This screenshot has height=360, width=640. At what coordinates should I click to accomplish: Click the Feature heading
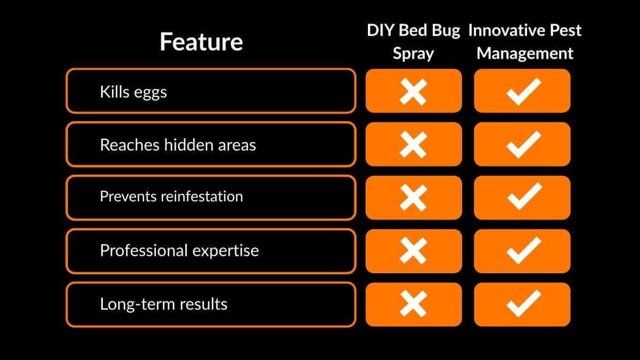click(201, 42)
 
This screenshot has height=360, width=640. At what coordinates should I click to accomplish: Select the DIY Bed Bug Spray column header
click(413, 42)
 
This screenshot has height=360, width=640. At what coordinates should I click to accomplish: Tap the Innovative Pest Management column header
click(525, 42)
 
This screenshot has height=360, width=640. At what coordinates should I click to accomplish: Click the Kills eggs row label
click(133, 92)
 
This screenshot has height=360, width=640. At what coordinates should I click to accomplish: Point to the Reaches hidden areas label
click(178, 145)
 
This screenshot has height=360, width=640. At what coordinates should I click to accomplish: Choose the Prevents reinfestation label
click(171, 197)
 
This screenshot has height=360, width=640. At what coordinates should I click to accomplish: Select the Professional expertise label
click(179, 251)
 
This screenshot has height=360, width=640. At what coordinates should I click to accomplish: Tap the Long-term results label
click(164, 304)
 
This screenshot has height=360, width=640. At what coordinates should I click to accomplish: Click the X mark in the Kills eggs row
click(413, 91)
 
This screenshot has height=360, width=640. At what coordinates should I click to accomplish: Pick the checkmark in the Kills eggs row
click(523, 91)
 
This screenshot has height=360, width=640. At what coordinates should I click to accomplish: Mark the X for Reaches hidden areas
click(413, 145)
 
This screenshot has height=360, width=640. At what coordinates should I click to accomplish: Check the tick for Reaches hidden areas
click(523, 145)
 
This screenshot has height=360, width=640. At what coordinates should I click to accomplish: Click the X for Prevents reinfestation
click(413, 198)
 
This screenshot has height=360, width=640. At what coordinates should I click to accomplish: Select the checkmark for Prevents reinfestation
click(523, 198)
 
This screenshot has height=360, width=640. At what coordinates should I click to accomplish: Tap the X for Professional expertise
click(413, 251)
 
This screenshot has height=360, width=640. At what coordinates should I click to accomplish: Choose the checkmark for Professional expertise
click(523, 251)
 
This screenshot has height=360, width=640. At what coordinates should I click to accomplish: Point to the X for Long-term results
click(413, 304)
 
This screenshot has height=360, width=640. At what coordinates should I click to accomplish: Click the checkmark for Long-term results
click(523, 304)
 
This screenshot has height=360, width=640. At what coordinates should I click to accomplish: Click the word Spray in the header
click(413, 54)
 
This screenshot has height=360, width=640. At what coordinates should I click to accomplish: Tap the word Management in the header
click(525, 54)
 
